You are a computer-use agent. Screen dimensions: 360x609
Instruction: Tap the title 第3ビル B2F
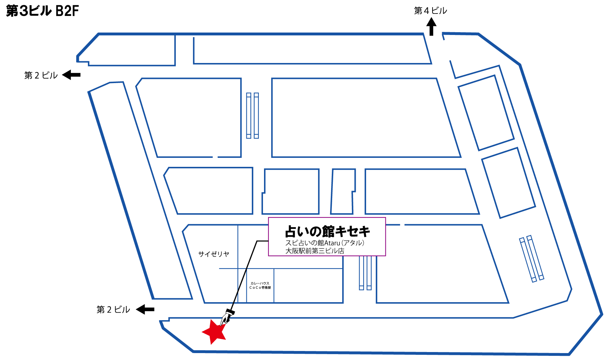pyautogui.click(x=43, y=11)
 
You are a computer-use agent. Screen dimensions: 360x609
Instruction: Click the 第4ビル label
pyautogui.click(x=430, y=11)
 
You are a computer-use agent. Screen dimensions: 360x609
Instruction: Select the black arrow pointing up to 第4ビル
pyautogui.click(x=431, y=27)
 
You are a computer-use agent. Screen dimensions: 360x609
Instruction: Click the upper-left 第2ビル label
pyautogui.click(x=41, y=75)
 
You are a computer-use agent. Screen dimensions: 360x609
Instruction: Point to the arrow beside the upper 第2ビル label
pyautogui.click(x=72, y=75)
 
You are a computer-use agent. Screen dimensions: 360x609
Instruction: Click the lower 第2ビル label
pyautogui.click(x=113, y=309)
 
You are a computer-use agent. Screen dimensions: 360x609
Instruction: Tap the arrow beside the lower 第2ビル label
pyautogui.click(x=145, y=309)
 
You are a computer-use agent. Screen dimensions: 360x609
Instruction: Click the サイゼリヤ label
pyautogui.click(x=213, y=254)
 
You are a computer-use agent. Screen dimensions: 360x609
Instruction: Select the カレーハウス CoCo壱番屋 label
pyautogui.click(x=260, y=286)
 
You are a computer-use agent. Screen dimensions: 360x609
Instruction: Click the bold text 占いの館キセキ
pyautogui.click(x=327, y=231)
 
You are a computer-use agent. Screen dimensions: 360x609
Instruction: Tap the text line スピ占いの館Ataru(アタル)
pyautogui.click(x=325, y=243)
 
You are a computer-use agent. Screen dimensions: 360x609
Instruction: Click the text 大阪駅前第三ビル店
pyautogui.click(x=315, y=251)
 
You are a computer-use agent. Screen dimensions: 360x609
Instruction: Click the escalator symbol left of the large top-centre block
pyautogui.click(x=253, y=116)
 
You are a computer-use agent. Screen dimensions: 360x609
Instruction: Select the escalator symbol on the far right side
pyautogui.click(x=531, y=259)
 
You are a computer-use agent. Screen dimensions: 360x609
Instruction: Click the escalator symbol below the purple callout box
pyautogui.click(x=365, y=273)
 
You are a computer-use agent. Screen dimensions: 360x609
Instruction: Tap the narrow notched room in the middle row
pyautogui.click(x=343, y=191)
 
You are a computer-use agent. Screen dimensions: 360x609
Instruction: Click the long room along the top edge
pyautogui.click(x=311, y=49)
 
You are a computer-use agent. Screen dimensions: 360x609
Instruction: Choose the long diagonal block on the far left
pyautogui.click(x=140, y=190)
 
